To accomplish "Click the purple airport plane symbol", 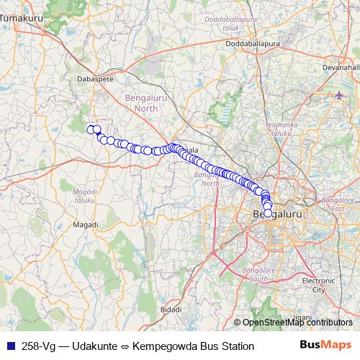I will tap(340, 94).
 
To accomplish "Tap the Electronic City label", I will tap(318, 285).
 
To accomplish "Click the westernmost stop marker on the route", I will tap(91, 129).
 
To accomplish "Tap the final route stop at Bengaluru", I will tap(268, 213).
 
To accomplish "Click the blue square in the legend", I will tap(10, 346).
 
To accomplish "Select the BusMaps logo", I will tap(325, 346).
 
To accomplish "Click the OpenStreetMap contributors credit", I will tap(297, 323).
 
